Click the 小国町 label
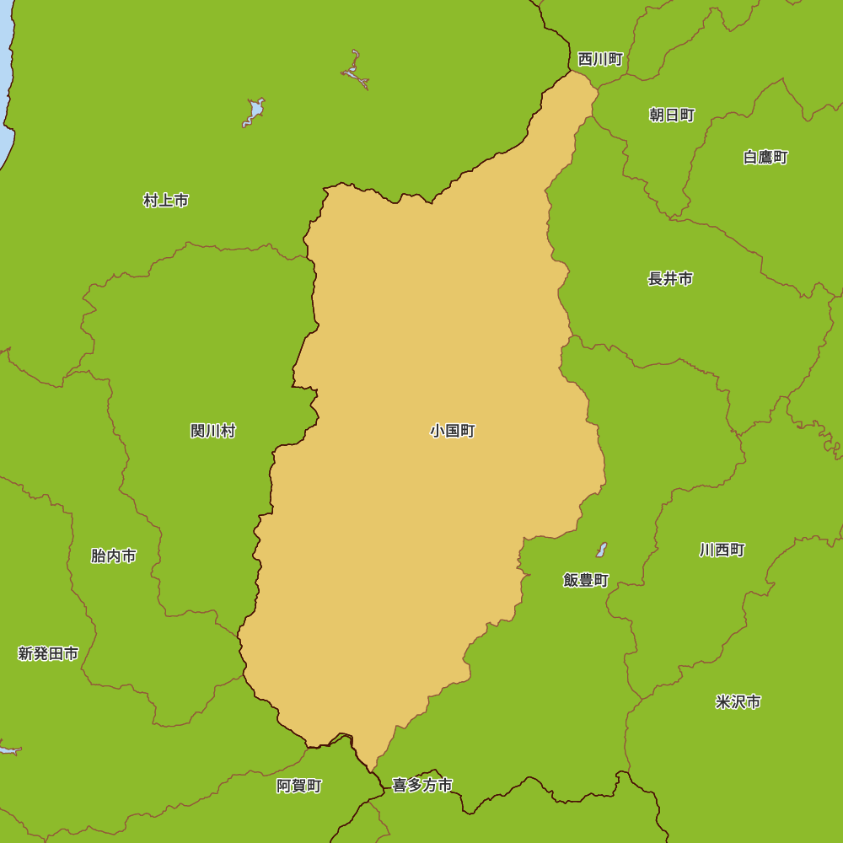[453, 431]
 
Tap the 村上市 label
[166, 201]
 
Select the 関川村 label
[213, 431]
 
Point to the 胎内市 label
[114, 556]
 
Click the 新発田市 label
[48, 653]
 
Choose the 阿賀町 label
[299, 786]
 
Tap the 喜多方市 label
[422, 786]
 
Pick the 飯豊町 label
[586, 580]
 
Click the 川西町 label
[722, 550]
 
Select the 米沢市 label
[738, 701]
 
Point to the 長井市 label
[670, 278]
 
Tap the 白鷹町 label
[765, 157]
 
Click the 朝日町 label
[672, 115]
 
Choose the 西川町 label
[600, 59]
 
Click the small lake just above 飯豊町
[601, 550]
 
